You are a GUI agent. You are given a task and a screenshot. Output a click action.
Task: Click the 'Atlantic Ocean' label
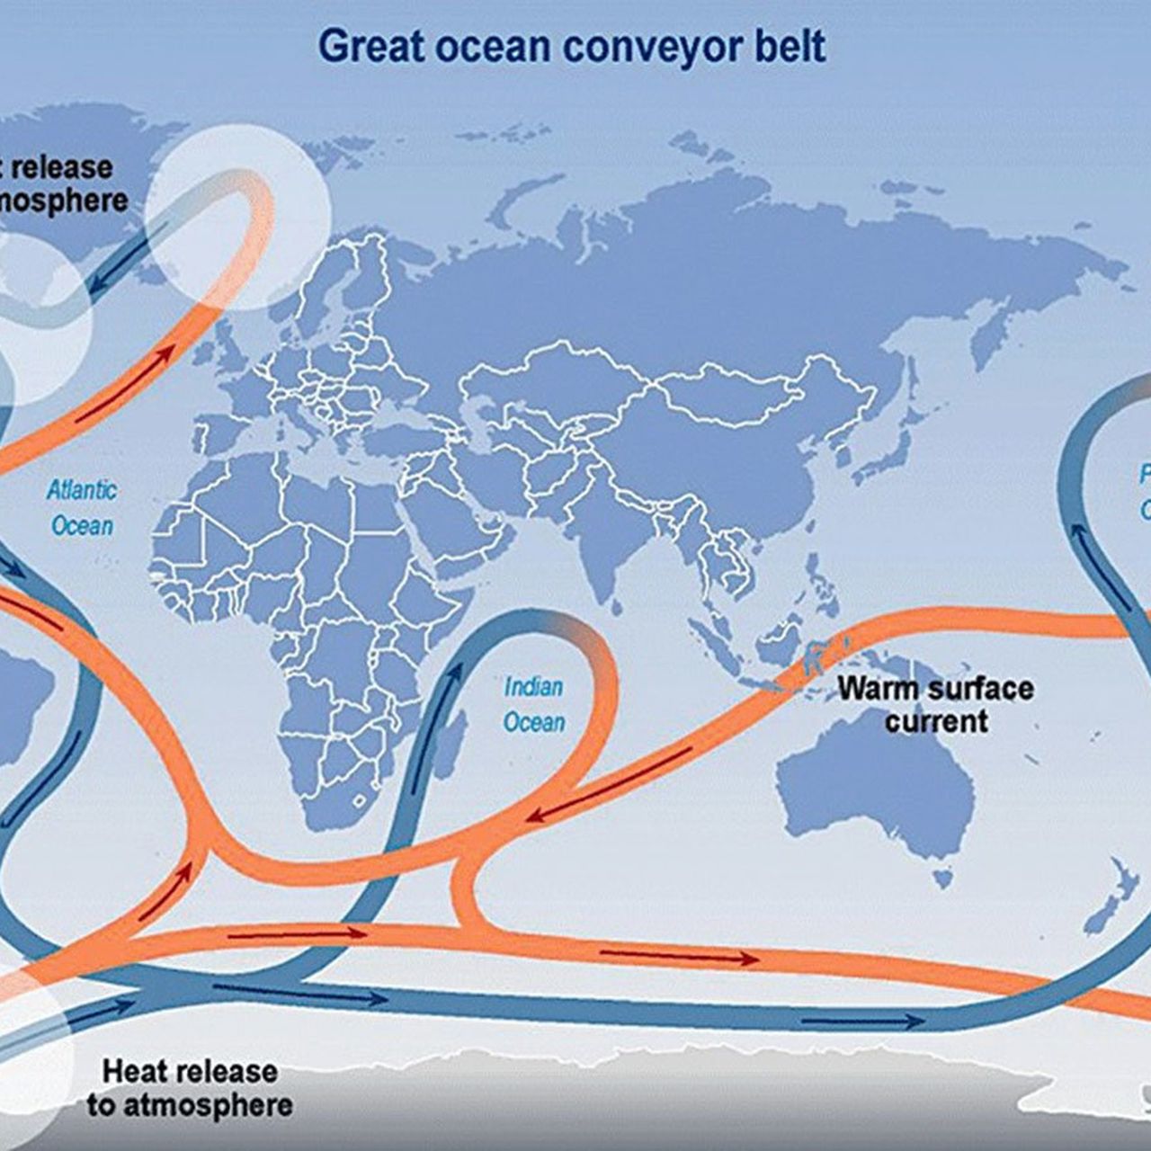82,508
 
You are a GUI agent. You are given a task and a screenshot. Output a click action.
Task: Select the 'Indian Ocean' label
534,704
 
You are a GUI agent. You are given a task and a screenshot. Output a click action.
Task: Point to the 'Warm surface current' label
935,704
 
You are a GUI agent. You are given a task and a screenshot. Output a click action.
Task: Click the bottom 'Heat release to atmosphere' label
190,1088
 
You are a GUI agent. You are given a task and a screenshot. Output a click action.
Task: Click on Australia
877,791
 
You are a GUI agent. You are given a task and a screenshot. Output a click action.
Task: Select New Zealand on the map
1111,899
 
